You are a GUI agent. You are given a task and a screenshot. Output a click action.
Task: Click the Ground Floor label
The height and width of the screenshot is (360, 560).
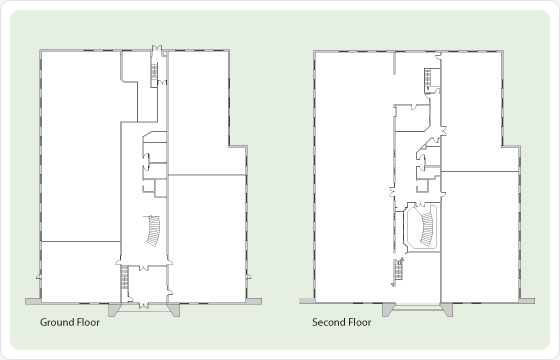coord(70,322)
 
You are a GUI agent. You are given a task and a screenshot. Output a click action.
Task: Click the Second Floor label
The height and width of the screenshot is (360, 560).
coord(341,322)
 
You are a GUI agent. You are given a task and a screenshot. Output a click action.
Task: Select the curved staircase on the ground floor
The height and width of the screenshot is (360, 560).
coord(154,231)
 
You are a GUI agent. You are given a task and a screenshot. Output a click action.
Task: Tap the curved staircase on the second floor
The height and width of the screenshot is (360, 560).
coord(427,229)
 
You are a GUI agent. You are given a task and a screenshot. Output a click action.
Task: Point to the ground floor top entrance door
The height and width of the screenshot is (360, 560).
coord(157,50)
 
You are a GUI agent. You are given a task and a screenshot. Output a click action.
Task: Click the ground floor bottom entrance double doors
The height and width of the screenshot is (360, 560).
coord(144,305)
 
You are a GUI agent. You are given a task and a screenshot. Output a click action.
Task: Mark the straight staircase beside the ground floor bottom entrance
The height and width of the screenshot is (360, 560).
coord(124,278)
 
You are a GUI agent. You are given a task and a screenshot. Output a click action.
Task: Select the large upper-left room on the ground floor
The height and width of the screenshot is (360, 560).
coord(81,146)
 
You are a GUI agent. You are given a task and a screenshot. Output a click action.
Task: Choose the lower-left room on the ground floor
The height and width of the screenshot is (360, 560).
coord(81,271)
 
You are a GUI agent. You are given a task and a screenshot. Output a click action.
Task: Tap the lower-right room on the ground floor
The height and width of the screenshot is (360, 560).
coord(206,239)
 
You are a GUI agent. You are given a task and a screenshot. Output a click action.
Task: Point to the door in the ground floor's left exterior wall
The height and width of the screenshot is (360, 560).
coord(39,276)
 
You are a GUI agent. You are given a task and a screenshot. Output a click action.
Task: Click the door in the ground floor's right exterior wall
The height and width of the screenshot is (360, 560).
coord(248,276)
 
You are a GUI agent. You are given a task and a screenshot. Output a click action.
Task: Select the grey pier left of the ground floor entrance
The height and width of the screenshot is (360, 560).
coord(115,309)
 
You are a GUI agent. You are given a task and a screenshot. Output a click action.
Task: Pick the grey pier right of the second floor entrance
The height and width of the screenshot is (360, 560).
coord(446,309)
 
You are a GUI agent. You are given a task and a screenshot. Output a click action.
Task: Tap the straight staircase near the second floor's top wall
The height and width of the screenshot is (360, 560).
coord(428,78)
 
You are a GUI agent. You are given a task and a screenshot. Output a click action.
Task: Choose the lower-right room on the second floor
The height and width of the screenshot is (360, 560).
coord(479,237)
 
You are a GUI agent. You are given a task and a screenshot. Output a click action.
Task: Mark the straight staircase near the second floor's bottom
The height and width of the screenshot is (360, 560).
coord(398,272)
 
